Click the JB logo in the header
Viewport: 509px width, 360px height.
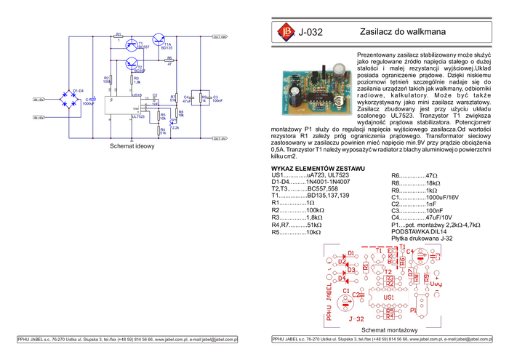point(285,32)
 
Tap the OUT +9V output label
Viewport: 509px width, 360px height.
point(220,37)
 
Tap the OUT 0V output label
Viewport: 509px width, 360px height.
point(220,137)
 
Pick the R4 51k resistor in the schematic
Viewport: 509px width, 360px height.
point(162,132)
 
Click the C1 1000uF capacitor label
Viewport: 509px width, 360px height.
point(88,102)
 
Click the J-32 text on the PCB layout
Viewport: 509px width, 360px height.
point(356,318)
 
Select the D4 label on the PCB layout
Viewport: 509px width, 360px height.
point(341,279)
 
